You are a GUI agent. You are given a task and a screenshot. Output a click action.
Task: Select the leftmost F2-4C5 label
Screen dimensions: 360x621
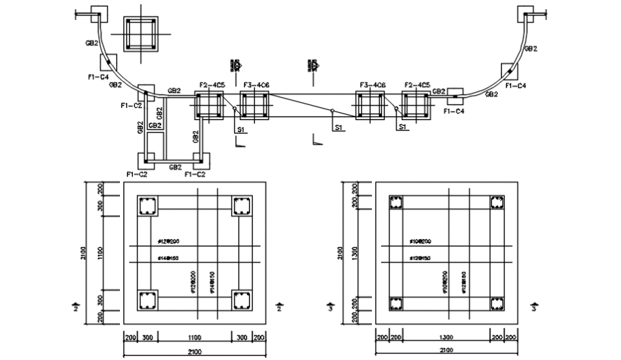(x=213, y=86)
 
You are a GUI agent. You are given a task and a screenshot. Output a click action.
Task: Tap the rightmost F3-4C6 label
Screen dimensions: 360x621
(x=373, y=86)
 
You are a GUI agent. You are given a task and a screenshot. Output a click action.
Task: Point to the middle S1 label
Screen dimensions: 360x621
(x=340, y=127)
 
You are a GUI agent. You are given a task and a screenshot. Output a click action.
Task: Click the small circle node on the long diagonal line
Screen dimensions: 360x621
(x=332, y=111)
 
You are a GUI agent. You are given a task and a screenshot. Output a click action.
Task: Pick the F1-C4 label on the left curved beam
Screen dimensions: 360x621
(x=98, y=76)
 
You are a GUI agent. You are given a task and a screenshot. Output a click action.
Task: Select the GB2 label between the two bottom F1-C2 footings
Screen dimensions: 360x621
(x=175, y=167)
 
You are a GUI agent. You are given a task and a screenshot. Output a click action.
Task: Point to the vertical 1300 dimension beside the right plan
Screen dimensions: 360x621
(x=354, y=254)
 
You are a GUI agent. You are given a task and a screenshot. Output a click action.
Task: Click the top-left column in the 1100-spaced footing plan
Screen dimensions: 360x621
(x=148, y=206)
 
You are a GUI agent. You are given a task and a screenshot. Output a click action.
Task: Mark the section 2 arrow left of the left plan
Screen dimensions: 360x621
(x=76, y=307)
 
